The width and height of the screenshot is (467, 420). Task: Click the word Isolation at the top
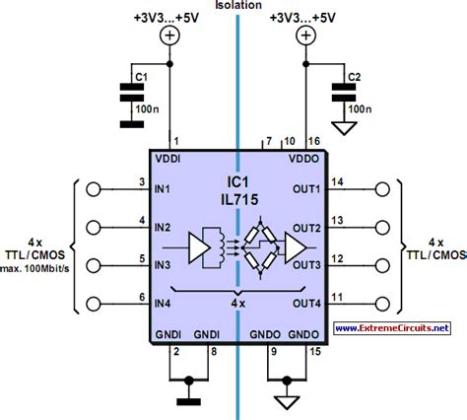click(x=235, y=6)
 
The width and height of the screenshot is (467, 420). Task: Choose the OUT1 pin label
click(x=306, y=188)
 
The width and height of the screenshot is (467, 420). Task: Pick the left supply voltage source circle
click(x=170, y=36)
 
